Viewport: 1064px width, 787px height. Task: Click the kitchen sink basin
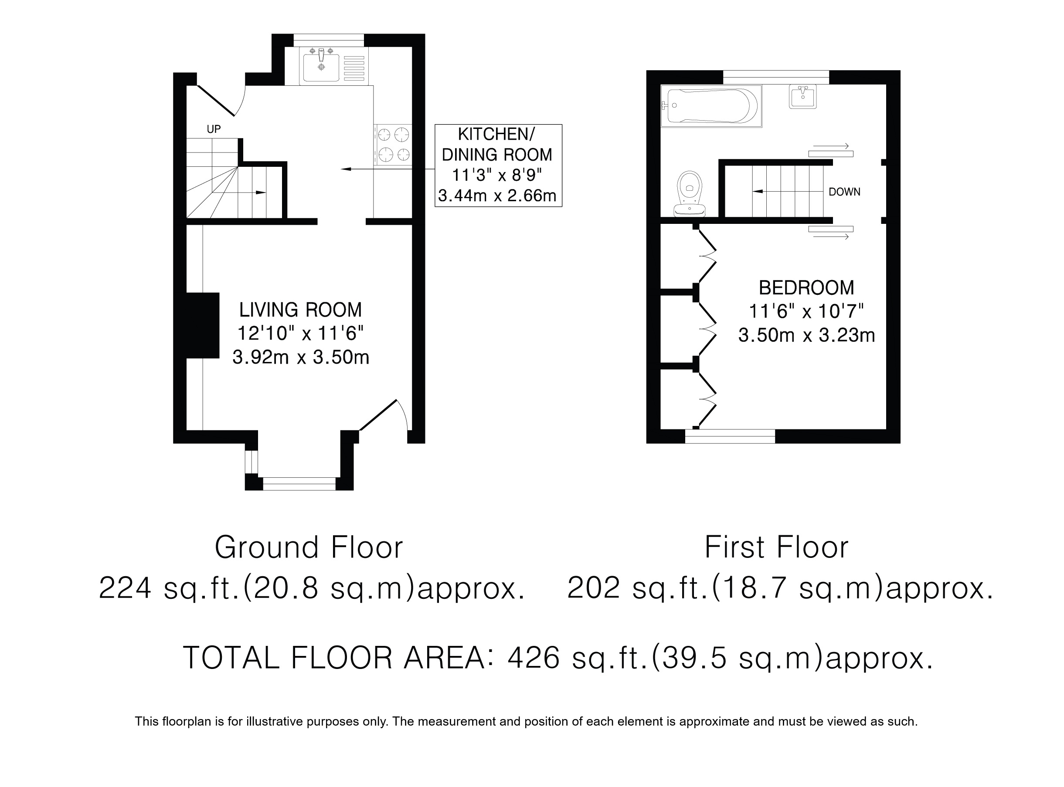[x=321, y=68]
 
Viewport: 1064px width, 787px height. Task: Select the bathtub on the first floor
[x=711, y=106]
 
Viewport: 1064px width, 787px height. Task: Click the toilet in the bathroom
[x=689, y=194]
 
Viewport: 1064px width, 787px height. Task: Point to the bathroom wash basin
[x=803, y=96]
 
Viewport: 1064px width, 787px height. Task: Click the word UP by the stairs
[x=214, y=129]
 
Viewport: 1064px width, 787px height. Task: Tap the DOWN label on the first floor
[x=844, y=192]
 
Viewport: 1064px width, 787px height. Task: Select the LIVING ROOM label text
[x=300, y=310]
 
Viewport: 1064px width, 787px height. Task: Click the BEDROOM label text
[x=806, y=288]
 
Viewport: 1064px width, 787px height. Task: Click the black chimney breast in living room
[x=203, y=325]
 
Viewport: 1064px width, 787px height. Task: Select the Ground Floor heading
[x=309, y=547]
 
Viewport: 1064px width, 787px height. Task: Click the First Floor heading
[x=777, y=547]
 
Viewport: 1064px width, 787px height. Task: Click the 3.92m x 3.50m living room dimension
[x=301, y=357]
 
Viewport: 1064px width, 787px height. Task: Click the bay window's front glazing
[x=299, y=483]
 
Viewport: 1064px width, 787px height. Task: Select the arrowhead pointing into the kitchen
[x=346, y=169]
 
